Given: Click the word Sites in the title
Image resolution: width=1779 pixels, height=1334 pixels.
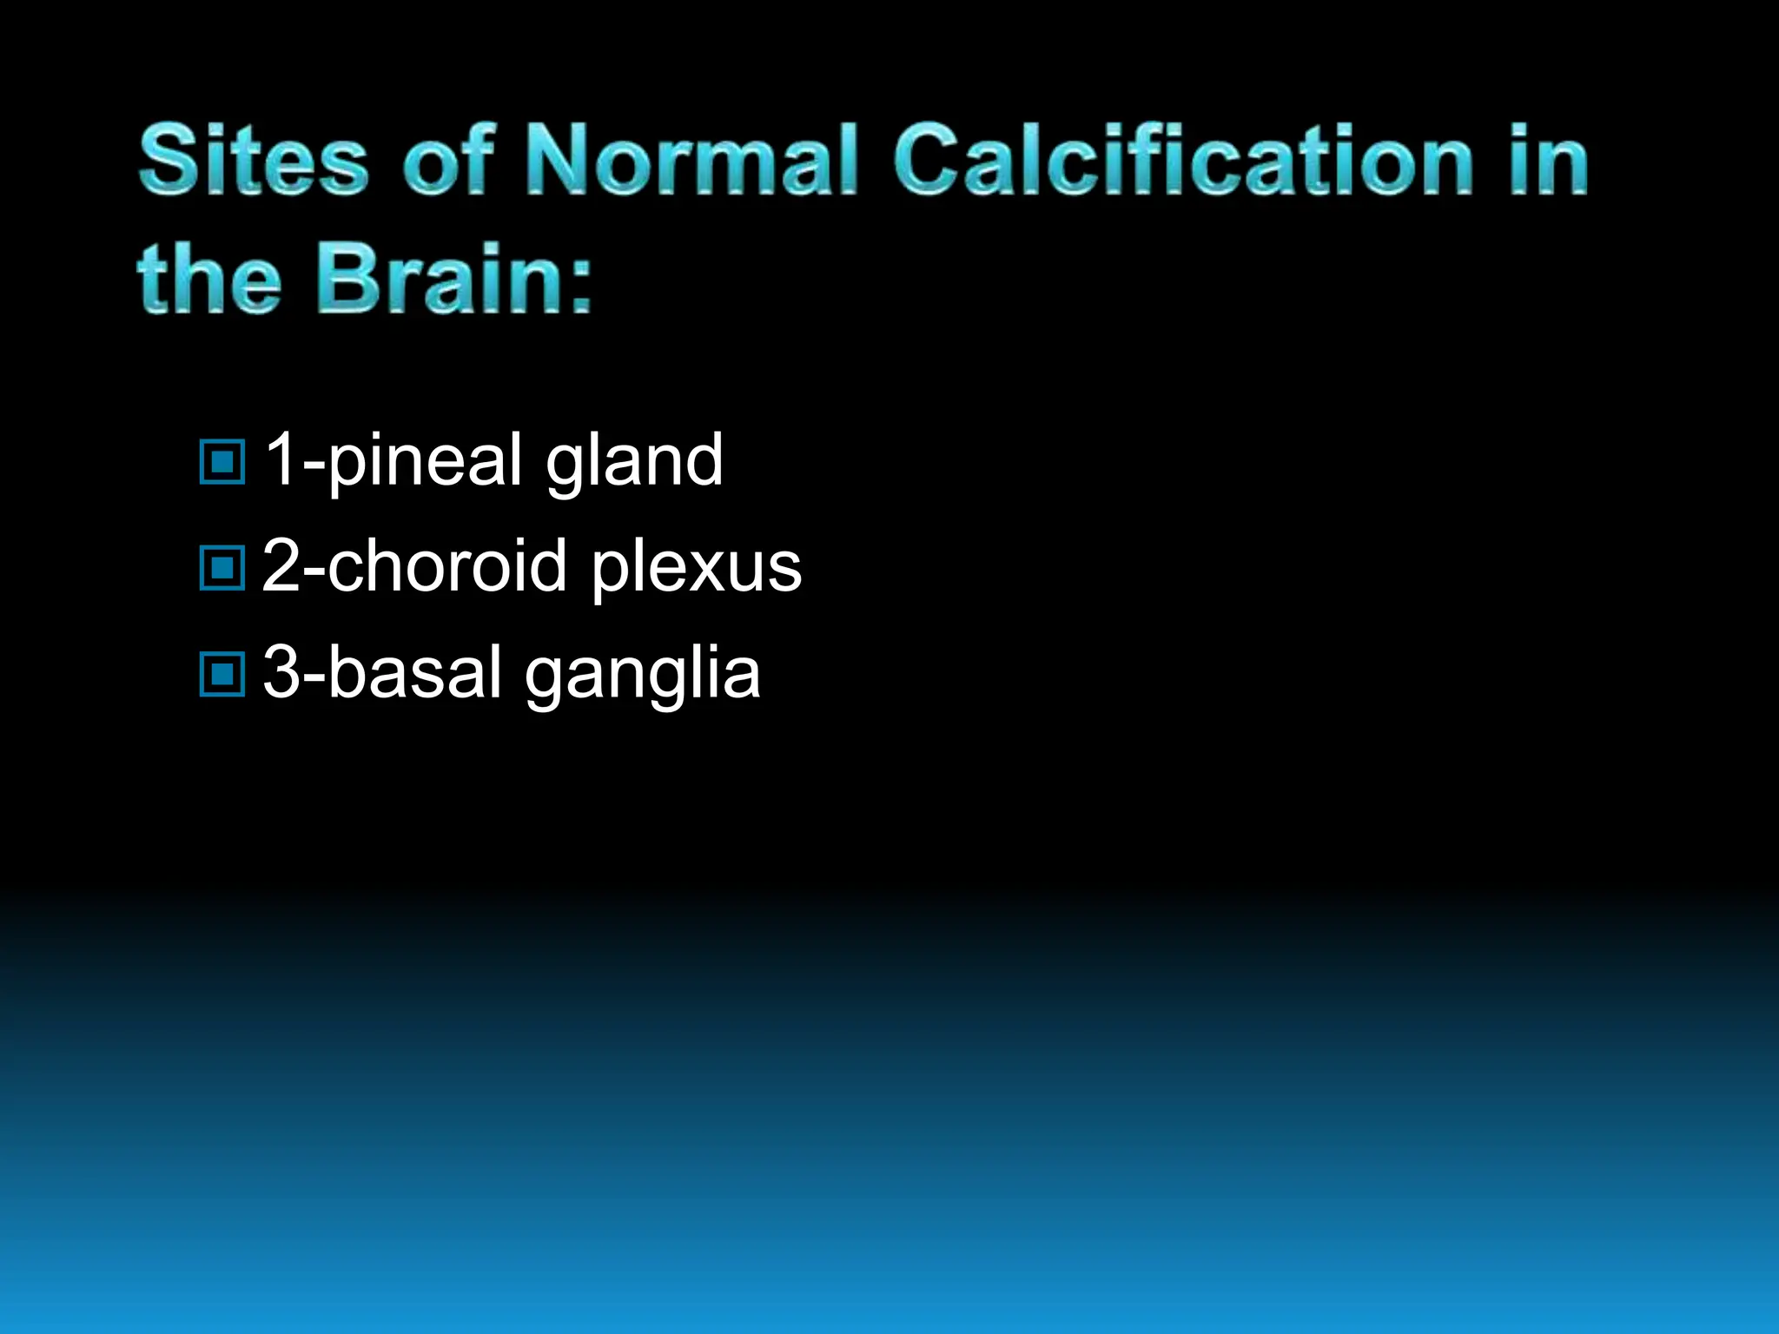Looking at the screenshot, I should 253,160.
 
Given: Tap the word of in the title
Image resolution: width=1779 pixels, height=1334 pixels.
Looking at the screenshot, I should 448,160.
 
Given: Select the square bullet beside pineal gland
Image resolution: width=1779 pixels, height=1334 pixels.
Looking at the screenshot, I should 222,461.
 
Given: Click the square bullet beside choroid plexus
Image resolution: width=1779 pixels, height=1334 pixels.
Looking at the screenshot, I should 222,568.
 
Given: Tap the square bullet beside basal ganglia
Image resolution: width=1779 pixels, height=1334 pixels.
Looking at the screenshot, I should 222,674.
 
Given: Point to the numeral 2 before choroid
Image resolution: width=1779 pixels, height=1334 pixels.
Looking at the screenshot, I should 281,565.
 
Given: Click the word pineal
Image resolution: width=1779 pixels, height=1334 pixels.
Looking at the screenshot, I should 425,460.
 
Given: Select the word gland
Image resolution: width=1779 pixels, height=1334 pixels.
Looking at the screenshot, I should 634,460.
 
